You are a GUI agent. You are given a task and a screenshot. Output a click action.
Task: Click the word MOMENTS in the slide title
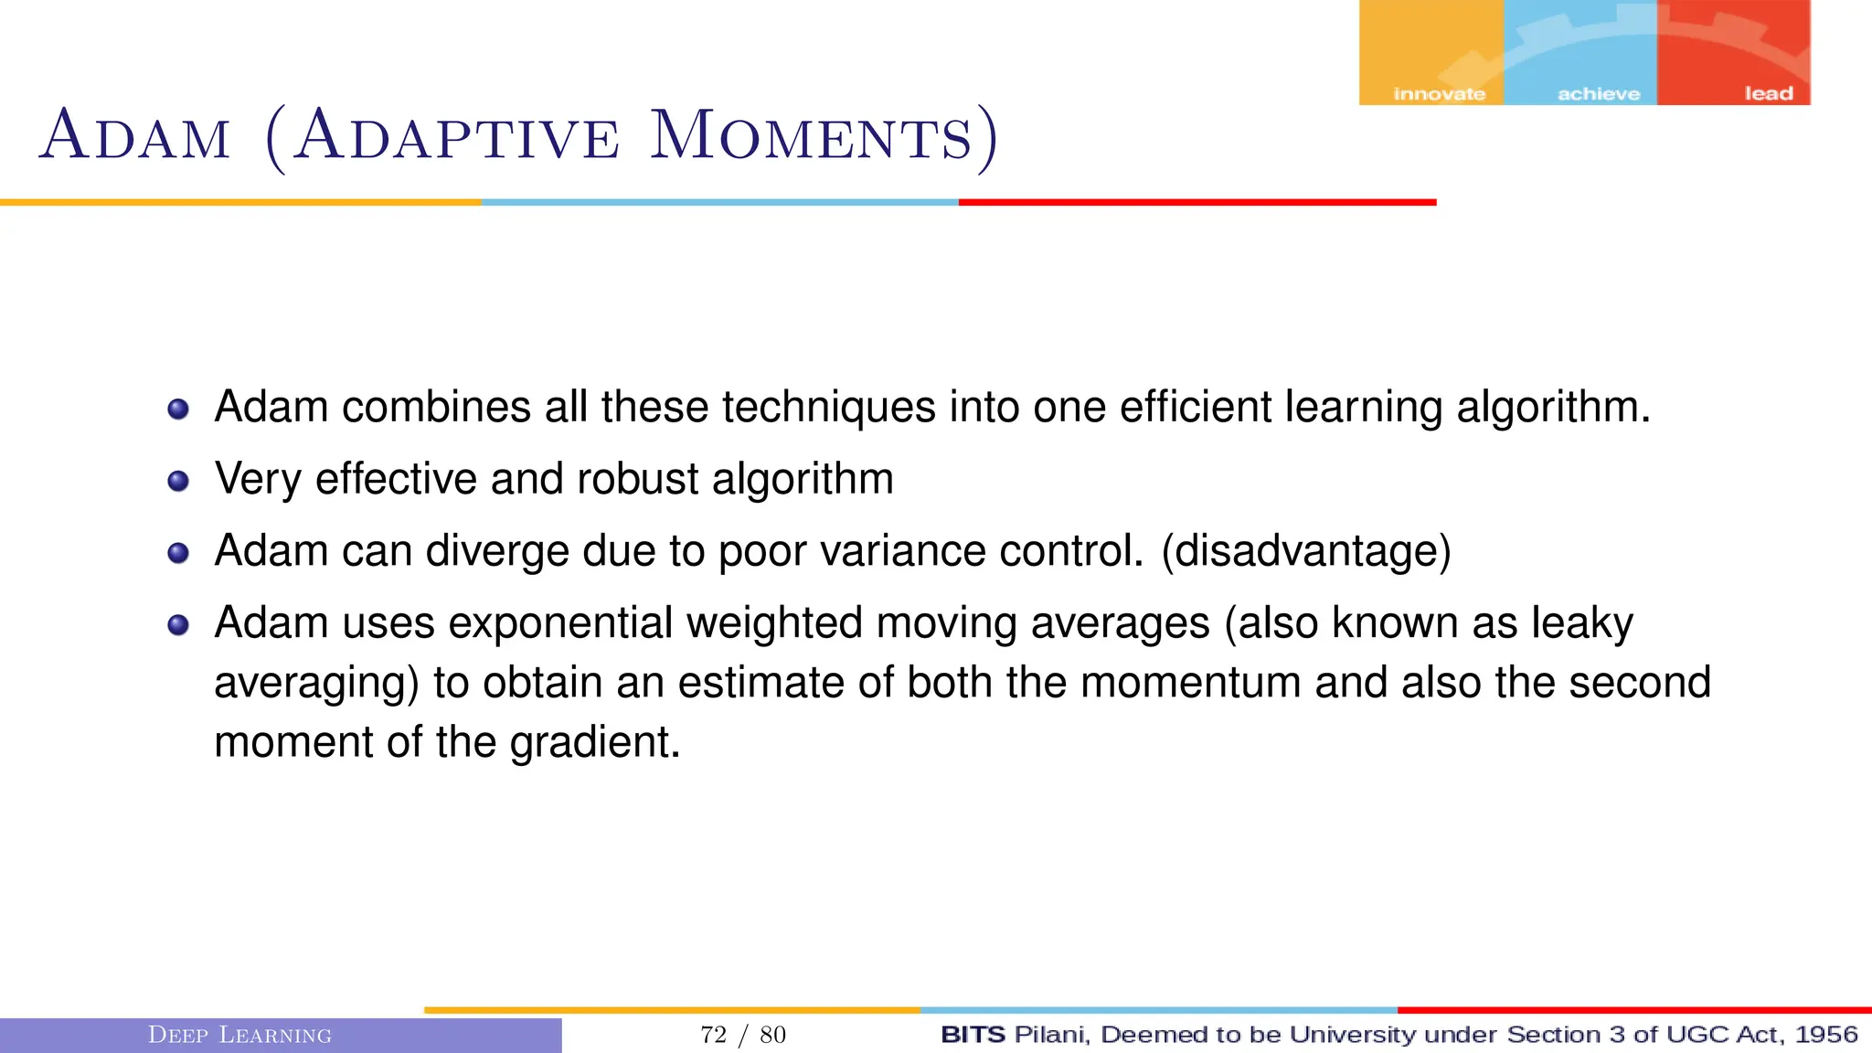pyautogui.click(x=811, y=137)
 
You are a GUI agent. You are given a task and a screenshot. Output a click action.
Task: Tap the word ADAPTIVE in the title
pyautogui.click(x=457, y=137)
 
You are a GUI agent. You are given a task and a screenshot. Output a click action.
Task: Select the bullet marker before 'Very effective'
pyautogui.click(x=178, y=481)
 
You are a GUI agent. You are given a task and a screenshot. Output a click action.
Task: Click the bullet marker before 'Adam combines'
pyautogui.click(x=178, y=409)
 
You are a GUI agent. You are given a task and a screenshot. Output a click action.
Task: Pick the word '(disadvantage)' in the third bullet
pyautogui.click(x=1305, y=551)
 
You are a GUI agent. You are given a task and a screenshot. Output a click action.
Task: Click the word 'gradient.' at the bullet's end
pyautogui.click(x=595, y=743)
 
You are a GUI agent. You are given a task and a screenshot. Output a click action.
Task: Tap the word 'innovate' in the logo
pyautogui.click(x=1439, y=94)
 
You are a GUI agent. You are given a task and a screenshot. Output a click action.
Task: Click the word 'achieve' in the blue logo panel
pyautogui.click(x=1599, y=94)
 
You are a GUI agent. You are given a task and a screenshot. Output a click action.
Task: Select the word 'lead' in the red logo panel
pyautogui.click(x=1769, y=94)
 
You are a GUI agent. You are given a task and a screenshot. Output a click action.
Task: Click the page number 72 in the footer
pyautogui.click(x=713, y=1035)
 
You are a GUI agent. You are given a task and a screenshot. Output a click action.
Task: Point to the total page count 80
pyautogui.click(x=773, y=1035)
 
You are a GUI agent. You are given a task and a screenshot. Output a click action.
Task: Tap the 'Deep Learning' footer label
pyautogui.click(x=239, y=1035)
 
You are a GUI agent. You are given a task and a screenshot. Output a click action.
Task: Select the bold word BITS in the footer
pyautogui.click(x=973, y=1035)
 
